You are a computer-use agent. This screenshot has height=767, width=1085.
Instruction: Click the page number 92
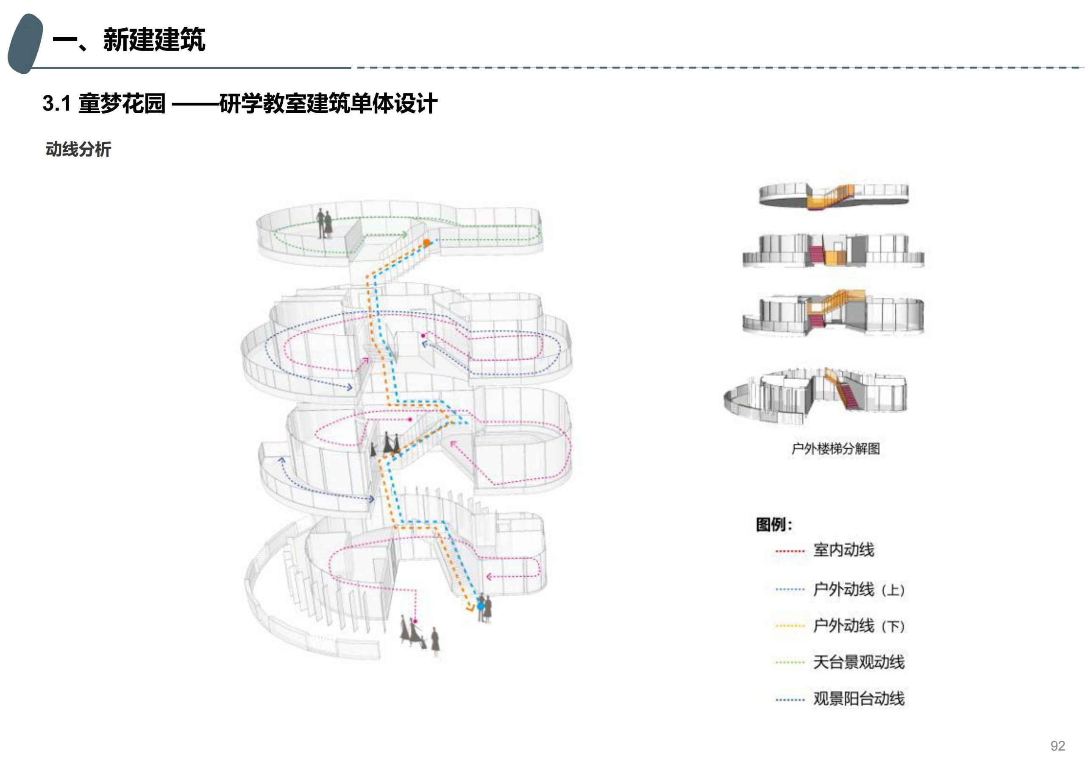(1057, 746)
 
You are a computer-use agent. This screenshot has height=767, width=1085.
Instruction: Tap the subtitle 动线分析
(78, 149)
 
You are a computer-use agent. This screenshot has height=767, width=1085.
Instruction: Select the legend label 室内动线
(843, 550)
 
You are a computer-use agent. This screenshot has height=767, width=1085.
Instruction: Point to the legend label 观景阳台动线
(859, 699)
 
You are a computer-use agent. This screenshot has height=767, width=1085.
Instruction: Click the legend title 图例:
(774, 525)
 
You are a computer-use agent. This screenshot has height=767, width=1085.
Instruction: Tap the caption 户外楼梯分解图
(835, 448)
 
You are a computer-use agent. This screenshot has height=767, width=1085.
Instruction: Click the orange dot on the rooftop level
(426, 243)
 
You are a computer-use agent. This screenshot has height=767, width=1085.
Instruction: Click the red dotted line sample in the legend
(790, 551)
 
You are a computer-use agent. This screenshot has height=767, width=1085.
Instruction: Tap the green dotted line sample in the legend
(790, 663)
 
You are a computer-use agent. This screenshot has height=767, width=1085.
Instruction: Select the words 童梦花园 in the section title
(122, 103)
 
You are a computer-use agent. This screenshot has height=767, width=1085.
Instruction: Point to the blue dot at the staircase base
(481, 606)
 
